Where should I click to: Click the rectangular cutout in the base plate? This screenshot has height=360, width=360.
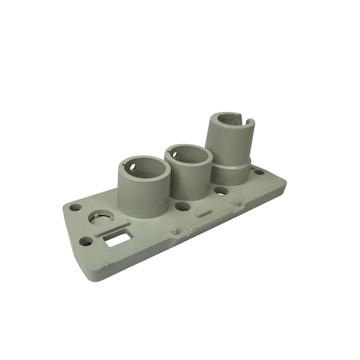click(x=117, y=240)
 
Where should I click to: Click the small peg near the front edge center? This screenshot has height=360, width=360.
click(x=175, y=230)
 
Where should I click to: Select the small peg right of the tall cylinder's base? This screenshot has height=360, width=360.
click(x=237, y=203)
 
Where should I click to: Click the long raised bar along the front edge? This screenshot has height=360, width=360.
click(x=209, y=220)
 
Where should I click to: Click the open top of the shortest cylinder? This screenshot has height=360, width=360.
click(x=145, y=171)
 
